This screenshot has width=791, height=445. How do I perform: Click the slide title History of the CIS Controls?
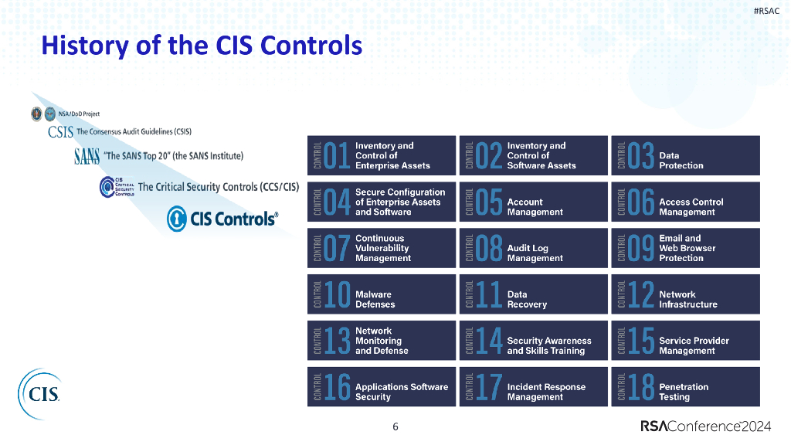(x=202, y=46)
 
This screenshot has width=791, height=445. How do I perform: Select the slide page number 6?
(x=395, y=426)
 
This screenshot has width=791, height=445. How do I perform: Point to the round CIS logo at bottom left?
(x=39, y=394)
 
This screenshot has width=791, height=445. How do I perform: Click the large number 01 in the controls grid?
(x=337, y=156)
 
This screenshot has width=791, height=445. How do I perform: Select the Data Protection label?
(x=681, y=161)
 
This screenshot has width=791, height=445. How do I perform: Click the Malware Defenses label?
(x=375, y=300)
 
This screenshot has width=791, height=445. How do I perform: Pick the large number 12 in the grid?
(x=640, y=295)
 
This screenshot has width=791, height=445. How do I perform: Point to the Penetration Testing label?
(x=683, y=392)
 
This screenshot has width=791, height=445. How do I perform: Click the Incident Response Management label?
(x=545, y=392)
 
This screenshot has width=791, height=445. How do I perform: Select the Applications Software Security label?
(x=401, y=392)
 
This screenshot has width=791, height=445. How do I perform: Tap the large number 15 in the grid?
(x=640, y=341)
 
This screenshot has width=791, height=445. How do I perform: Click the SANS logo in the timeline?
(x=87, y=156)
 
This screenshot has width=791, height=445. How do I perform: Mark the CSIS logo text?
(x=61, y=132)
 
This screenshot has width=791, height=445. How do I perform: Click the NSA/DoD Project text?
(x=79, y=114)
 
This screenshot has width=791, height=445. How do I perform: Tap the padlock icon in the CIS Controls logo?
(x=178, y=219)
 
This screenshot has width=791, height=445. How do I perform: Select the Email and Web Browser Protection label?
(x=687, y=248)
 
